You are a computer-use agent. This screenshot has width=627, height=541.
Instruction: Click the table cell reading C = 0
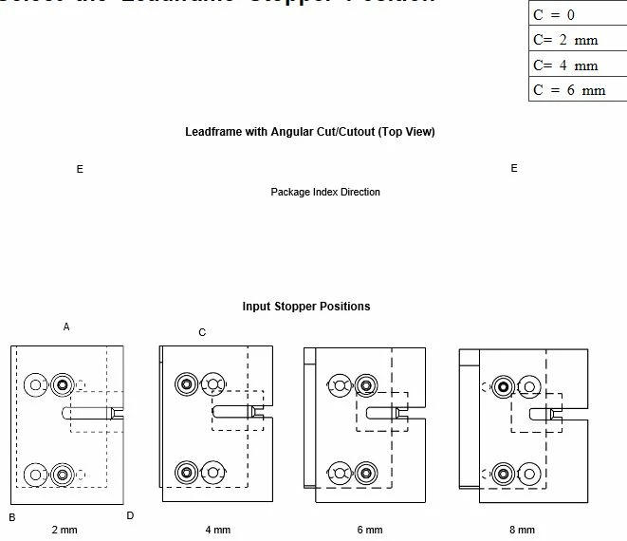click(577, 15)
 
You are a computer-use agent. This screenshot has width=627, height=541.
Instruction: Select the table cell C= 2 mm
click(577, 40)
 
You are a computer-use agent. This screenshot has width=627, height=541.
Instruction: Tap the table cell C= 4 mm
click(577, 65)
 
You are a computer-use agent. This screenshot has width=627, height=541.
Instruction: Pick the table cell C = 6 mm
click(577, 90)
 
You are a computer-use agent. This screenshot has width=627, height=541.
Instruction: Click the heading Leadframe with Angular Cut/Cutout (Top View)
click(309, 132)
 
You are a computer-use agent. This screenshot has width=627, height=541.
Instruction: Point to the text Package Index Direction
click(325, 192)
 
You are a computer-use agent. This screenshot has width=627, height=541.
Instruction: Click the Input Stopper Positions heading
click(306, 307)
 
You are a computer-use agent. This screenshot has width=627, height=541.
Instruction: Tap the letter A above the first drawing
click(66, 326)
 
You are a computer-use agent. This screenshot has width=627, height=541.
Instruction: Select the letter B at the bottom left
click(12, 517)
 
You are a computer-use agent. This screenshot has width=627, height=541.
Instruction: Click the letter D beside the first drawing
click(130, 515)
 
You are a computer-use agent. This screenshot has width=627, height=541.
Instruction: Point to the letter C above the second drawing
click(202, 332)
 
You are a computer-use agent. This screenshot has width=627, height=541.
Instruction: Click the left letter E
click(80, 169)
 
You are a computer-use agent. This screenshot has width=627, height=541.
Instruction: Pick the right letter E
click(514, 168)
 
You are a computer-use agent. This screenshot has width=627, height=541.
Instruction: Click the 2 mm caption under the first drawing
click(64, 530)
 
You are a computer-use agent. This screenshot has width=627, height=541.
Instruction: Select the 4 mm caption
click(217, 530)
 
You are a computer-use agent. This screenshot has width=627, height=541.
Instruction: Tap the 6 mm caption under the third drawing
click(370, 530)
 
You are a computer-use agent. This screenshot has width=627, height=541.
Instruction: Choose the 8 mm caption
click(522, 530)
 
